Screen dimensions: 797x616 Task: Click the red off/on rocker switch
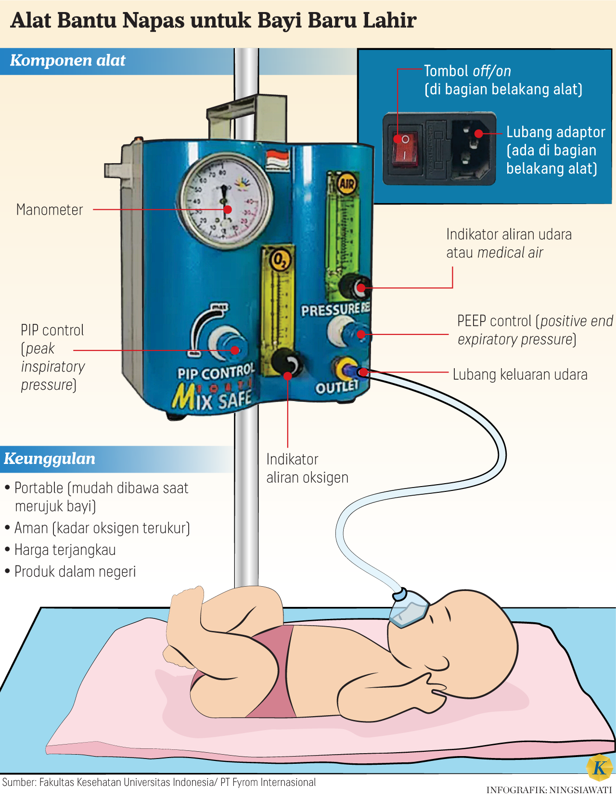pyautogui.click(x=405, y=148)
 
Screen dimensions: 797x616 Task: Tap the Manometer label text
pyautogui.click(x=50, y=210)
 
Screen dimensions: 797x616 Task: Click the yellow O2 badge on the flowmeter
pyautogui.click(x=279, y=260)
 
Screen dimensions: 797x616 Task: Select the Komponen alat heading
pyautogui.click(x=67, y=61)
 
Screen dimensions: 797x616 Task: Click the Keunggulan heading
pyautogui.click(x=50, y=459)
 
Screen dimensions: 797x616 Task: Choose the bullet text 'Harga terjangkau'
pyautogui.click(x=65, y=550)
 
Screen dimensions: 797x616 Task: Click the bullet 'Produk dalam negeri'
pyautogui.click(x=75, y=571)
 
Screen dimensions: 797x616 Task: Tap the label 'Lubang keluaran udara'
pyautogui.click(x=520, y=374)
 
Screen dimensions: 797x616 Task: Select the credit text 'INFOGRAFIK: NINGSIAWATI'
pyautogui.click(x=549, y=790)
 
